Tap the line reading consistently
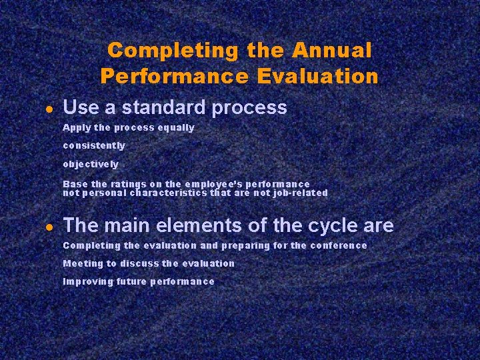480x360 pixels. (x=93, y=145)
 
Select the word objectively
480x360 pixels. (x=91, y=164)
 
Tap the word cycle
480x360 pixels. (x=329, y=225)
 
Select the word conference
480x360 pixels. (x=338, y=245)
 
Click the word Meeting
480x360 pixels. (x=83, y=263)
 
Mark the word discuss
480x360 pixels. (x=139, y=263)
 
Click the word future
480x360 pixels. (x=131, y=281)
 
